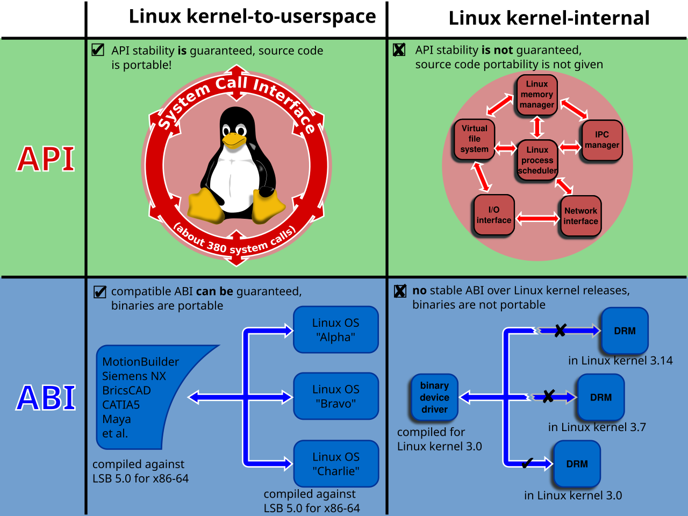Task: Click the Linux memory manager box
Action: (x=537, y=95)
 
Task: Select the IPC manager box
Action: (x=602, y=140)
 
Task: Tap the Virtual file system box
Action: (x=475, y=139)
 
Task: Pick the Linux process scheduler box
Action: (x=537, y=160)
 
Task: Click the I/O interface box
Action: (x=494, y=215)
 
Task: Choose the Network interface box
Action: (x=581, y=216)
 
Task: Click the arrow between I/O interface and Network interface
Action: (x=537, y=219)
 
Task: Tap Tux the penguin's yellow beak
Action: (x=234, y=140)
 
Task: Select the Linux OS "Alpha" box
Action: (x=336, y=329)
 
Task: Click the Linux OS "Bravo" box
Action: (x=336, y=396)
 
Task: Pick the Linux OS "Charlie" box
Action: (x=336, y=464)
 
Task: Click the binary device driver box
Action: (x=434, y=397)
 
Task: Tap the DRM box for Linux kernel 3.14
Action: (x=625, y=331)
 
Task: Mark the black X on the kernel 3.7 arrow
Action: (x=549, y=396)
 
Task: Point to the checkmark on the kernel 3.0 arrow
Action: (x=527, y=463)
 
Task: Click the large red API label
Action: (x=46, y=159)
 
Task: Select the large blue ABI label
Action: (x=46, y=398)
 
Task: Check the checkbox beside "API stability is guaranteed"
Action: (x=98, y=50)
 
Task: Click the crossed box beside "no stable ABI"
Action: (x=400, y=291)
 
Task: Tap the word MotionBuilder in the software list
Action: (x=140, y=362)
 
